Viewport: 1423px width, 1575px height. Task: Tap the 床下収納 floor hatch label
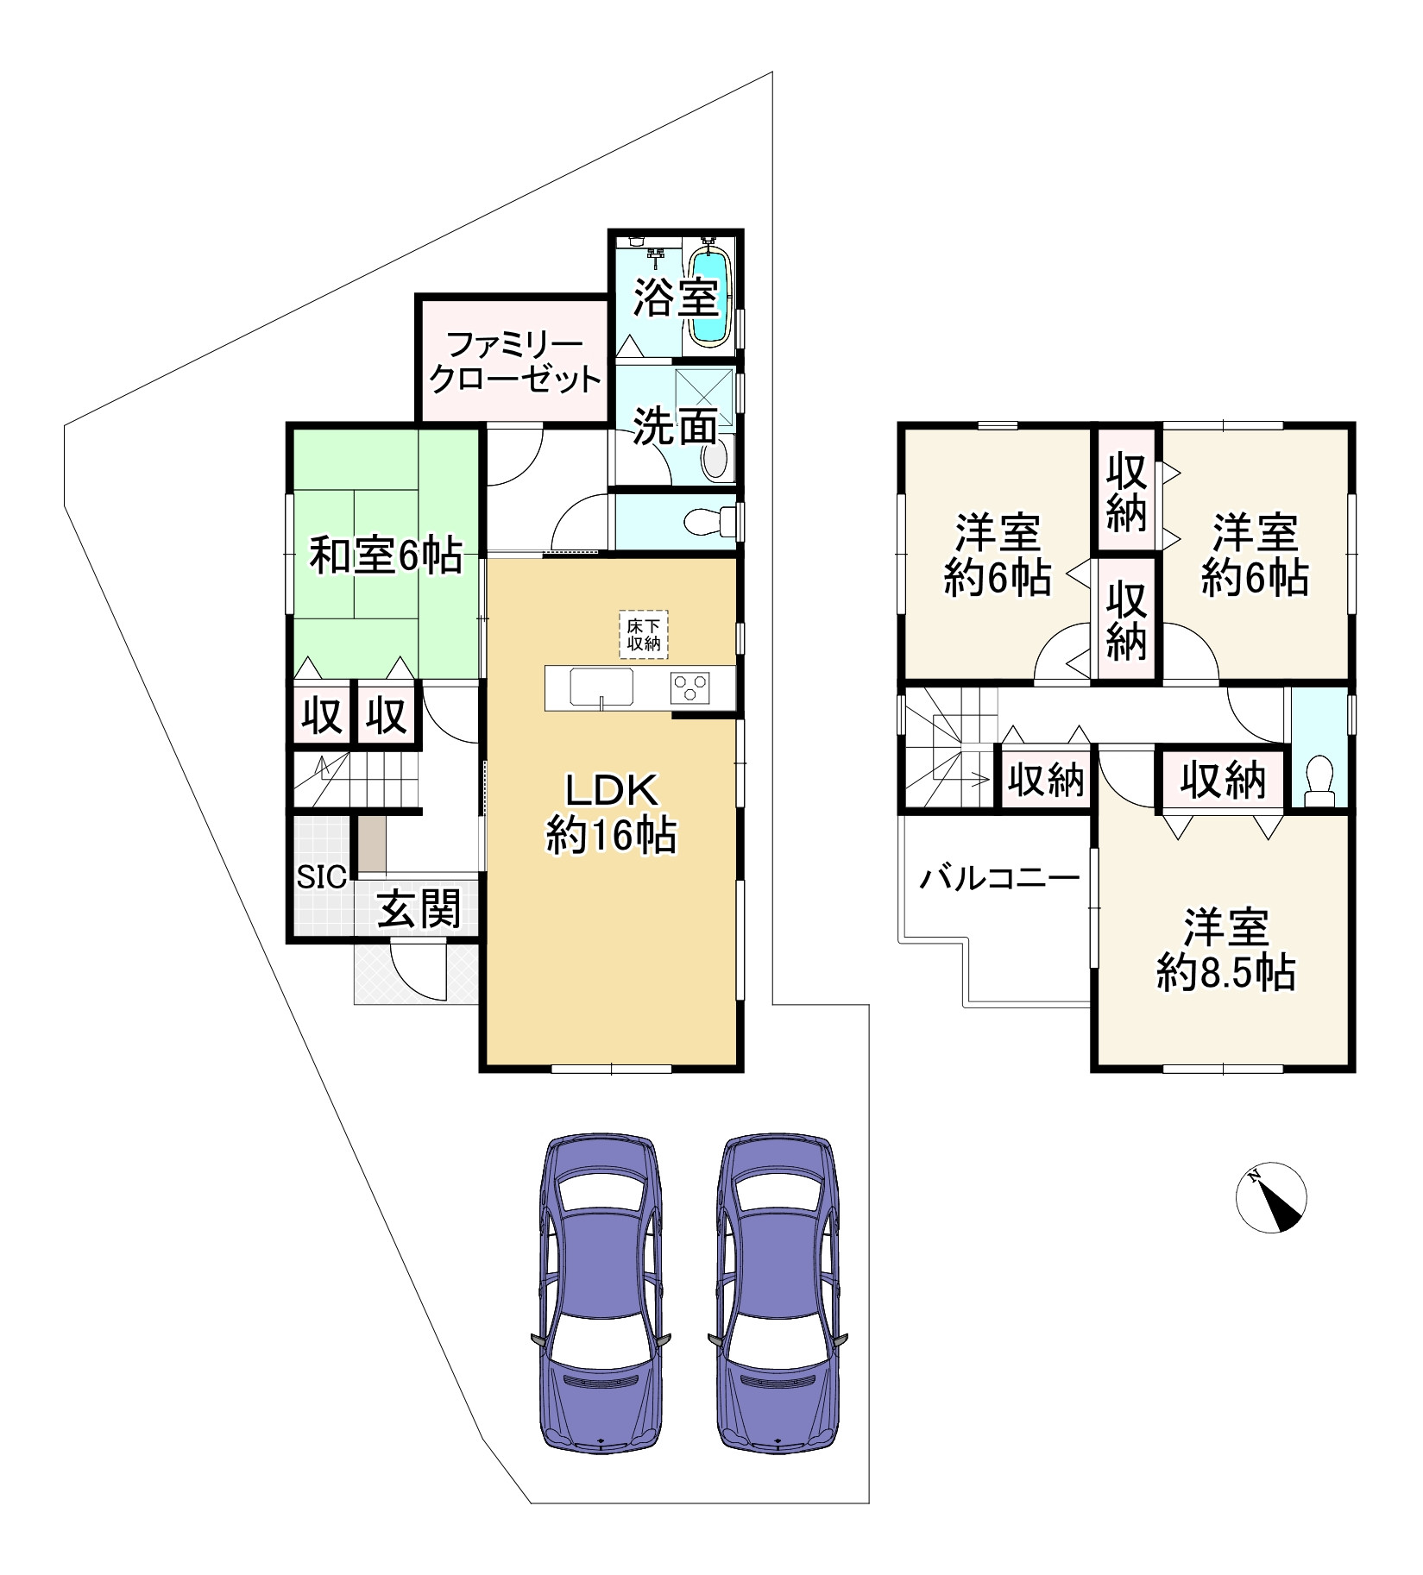(644, 635)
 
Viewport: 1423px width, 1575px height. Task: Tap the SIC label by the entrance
(322, 876)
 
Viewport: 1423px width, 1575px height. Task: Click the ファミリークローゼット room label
(516, 363)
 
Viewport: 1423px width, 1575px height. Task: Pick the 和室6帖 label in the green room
(385, 556)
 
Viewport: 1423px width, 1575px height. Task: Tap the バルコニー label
(999, 879)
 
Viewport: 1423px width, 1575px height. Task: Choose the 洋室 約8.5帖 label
(1225, 950)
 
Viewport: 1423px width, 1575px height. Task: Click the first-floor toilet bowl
(710, 521)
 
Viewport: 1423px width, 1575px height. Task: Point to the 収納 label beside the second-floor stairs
(1046, 781)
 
